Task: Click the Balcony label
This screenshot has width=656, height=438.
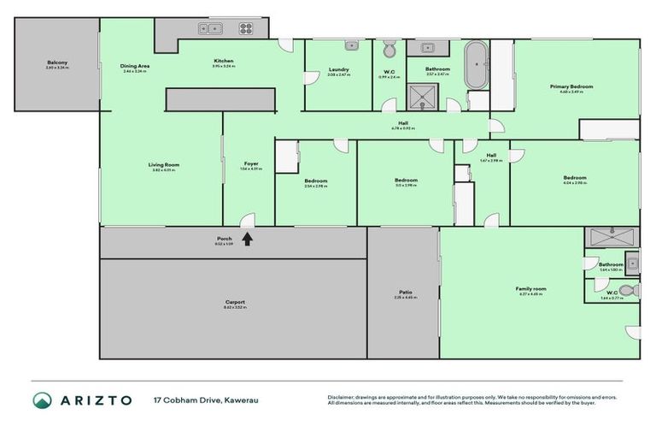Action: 57,62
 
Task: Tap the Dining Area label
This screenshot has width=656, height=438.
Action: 135,66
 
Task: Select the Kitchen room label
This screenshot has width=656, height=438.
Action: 223,61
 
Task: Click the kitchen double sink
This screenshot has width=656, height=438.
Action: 209,28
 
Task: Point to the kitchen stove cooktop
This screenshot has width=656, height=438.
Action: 246,28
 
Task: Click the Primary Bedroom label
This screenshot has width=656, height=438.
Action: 571,86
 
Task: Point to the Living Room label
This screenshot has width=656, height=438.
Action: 161,164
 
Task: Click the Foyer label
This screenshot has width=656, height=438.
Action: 251,163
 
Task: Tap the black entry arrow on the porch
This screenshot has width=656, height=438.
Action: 248,239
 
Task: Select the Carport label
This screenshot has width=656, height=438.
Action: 236,302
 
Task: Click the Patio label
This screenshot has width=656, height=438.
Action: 404,292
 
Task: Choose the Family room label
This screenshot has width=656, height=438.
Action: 530,289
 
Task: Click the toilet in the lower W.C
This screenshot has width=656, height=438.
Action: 630,291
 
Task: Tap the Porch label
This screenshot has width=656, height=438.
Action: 224,239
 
